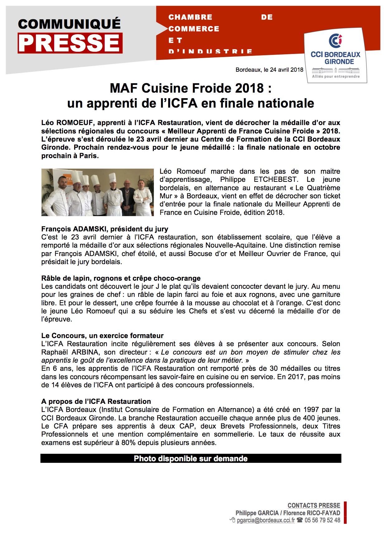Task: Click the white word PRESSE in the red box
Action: click(70, 43)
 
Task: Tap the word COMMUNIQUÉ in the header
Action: click(69, 24)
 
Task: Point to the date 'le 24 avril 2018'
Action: click(283, 70)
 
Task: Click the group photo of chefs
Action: click(98, 192)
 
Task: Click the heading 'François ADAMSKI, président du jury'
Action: click(105, 229)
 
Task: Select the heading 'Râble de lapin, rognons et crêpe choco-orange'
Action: click(121, 278)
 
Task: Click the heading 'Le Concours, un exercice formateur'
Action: click(102, 336)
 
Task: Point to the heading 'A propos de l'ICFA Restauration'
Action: click(96, 402)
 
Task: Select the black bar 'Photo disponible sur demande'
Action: click(191, 459)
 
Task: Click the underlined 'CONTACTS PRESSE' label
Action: click(314, 506)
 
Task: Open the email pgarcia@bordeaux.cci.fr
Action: click(266, 520)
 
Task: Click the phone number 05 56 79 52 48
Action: click(322, 520)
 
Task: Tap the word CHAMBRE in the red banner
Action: click(190, 17)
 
